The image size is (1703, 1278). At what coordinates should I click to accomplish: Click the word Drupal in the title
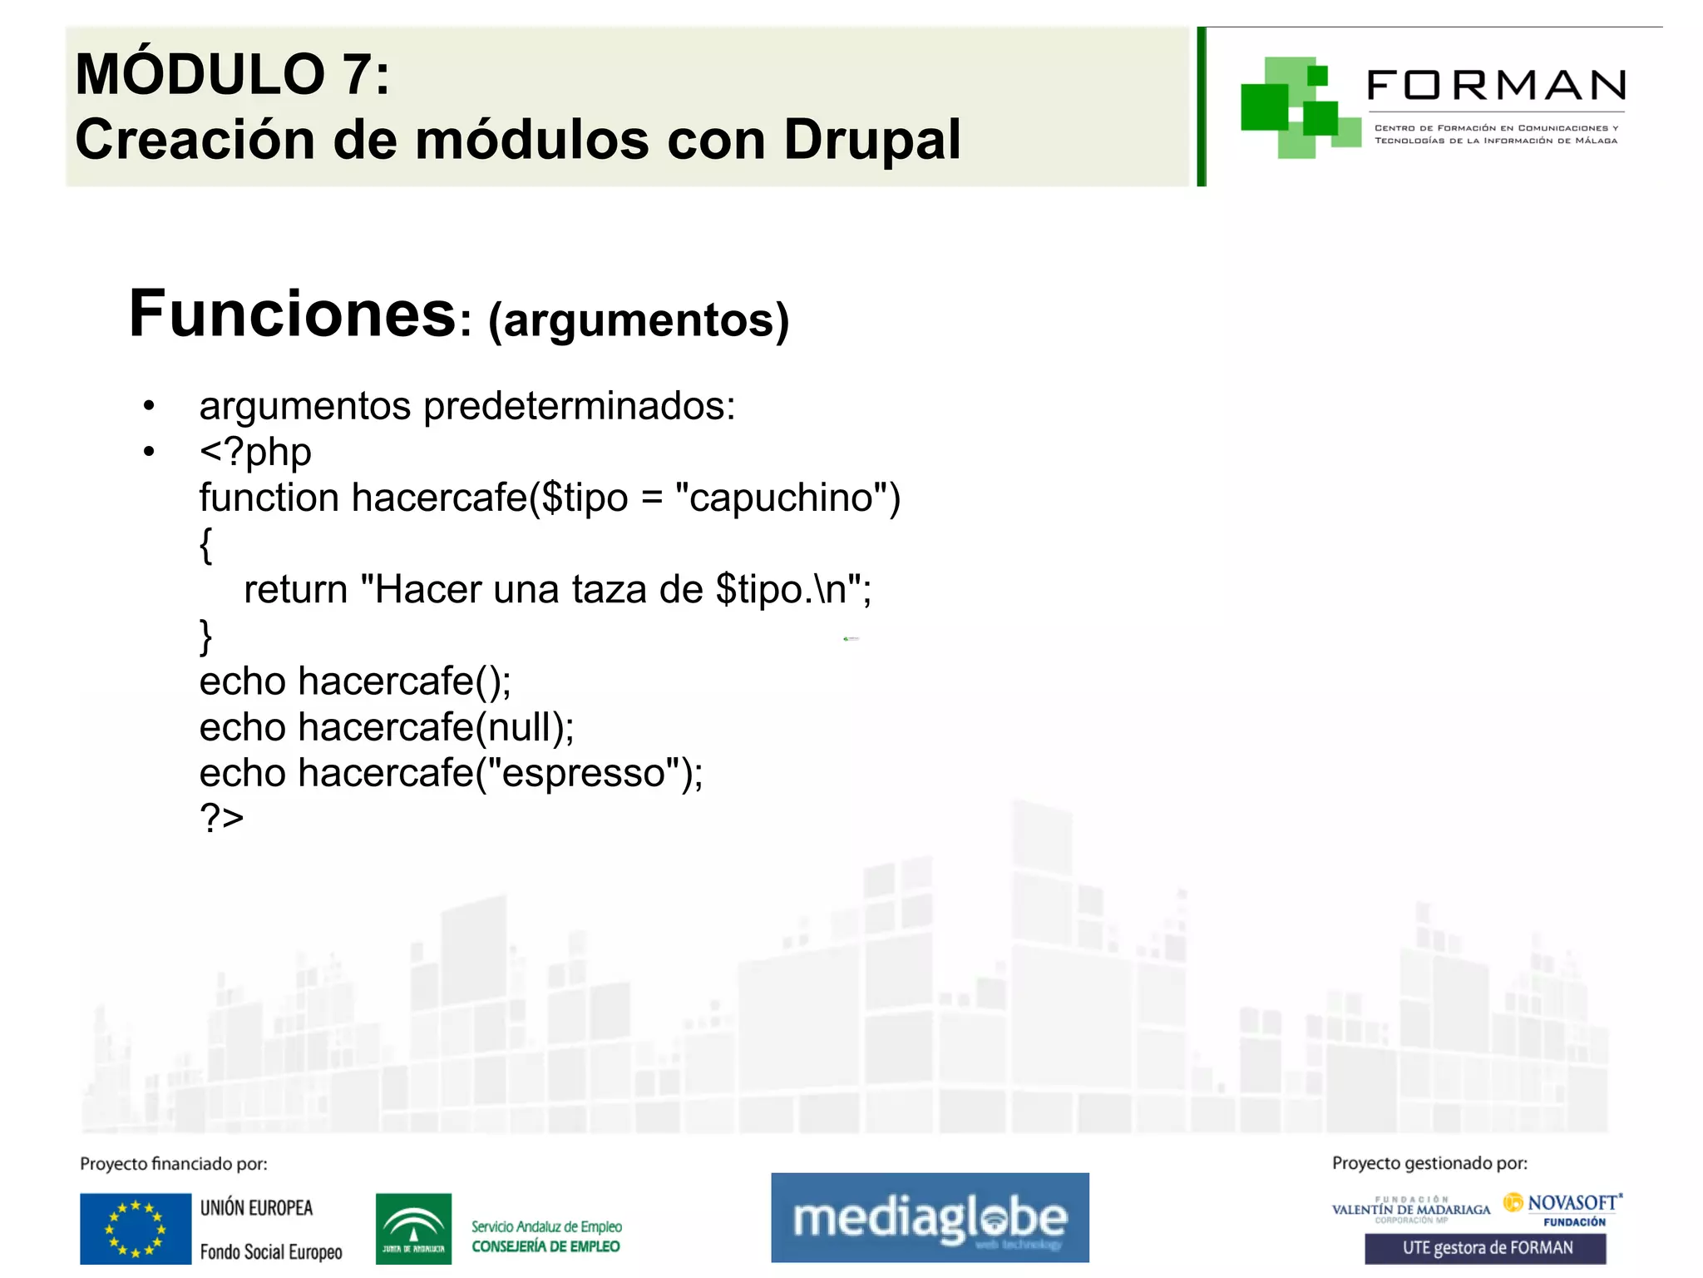click(871, 139)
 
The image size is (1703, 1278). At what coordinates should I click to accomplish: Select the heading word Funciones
click(292, 314)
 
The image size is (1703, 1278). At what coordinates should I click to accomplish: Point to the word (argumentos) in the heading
click(639, 320)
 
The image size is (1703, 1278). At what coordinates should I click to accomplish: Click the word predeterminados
click(579, 406)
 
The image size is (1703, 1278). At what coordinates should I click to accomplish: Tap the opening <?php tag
click(255, 452)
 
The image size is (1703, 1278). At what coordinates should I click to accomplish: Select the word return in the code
click(295, 589)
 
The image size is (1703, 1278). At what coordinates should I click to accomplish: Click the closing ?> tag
click(221, 818)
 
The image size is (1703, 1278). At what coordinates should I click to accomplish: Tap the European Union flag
click(136, 1229)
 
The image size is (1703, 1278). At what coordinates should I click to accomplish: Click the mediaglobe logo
click(930, 1217)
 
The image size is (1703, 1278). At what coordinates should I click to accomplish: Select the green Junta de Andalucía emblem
click(413, 1229)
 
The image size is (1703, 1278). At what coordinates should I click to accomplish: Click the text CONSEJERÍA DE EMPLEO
click(545, 1246)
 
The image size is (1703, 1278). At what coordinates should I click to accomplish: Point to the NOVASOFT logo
click(1563, 1204)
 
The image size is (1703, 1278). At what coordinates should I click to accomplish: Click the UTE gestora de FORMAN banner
click(1485, 1248)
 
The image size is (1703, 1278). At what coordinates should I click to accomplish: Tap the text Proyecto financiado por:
click(173, 1164)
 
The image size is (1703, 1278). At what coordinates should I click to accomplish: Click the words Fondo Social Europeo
click(271, 1252)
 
